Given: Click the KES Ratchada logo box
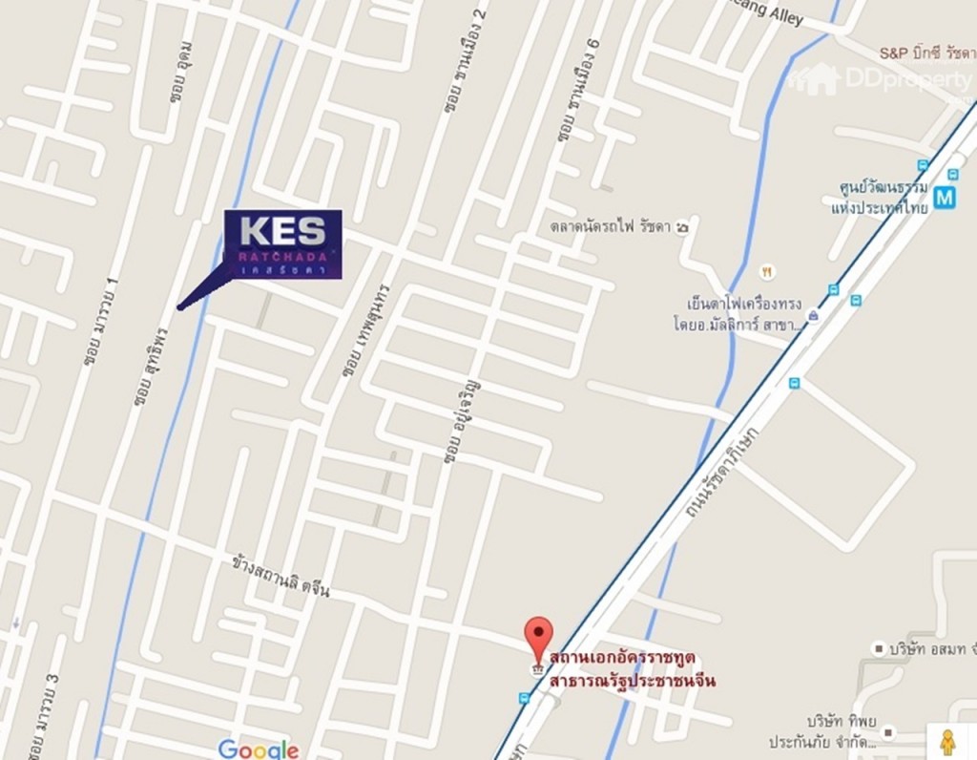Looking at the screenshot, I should pos(282,243).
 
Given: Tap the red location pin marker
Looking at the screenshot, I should pos(539,638).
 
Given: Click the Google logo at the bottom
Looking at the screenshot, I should pos(258,749).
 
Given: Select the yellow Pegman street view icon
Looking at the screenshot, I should pos(947,742).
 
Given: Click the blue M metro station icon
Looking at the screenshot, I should pos(945,198).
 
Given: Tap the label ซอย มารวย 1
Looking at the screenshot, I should pos(99,323).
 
